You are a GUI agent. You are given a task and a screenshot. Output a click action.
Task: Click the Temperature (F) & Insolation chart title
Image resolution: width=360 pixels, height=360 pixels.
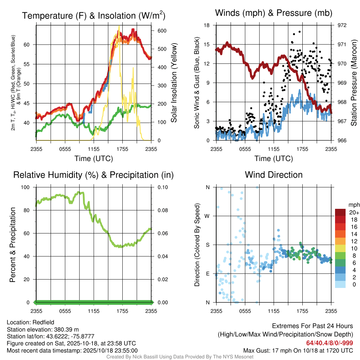pos(94,15)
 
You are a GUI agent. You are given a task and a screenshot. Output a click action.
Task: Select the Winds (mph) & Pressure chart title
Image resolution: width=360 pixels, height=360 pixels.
pos(274,13)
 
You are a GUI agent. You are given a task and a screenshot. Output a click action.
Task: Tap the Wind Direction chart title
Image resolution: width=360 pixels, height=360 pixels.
pos(274,175)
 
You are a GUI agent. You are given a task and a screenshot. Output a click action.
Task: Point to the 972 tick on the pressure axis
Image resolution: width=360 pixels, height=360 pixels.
pos(342,25)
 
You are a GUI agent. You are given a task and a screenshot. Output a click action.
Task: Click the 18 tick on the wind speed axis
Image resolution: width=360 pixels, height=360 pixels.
pos(207,25)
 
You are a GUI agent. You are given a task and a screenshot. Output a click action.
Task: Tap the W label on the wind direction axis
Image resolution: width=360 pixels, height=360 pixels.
pos(208,216)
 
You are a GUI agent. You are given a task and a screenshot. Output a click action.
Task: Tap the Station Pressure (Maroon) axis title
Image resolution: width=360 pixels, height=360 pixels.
pos(354,82)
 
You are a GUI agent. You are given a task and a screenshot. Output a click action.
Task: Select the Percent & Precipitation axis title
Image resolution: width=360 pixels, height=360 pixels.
pos(12,245)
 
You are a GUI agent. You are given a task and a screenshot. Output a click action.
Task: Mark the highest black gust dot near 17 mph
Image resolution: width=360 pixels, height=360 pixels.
pos(299,31)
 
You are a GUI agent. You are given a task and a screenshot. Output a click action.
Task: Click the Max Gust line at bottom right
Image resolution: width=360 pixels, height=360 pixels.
pos(298,351)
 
